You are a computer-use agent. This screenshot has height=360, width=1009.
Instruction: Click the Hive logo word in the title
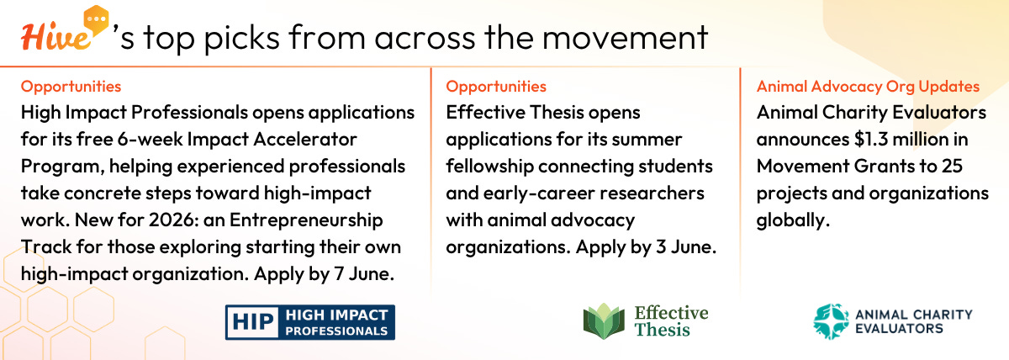point(55,37)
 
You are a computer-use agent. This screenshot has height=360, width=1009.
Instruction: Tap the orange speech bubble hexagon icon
point(96,20)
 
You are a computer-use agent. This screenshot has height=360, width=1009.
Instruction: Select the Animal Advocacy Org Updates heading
point(868,86)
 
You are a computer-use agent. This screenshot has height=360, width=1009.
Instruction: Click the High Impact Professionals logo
point(310,322)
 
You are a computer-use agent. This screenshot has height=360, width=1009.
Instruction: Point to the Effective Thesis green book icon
point(604,320)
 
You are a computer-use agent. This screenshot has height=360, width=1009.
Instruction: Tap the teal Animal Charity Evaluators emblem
point(831,321)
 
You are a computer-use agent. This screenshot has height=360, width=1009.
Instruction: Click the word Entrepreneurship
point(306,220)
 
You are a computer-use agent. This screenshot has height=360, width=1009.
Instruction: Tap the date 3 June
point(686,247)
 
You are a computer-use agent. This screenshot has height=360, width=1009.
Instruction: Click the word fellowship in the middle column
point(489,167)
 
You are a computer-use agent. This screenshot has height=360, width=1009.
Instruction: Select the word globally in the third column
point(793,220)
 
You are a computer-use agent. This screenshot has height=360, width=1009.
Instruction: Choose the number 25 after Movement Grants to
point(952,167)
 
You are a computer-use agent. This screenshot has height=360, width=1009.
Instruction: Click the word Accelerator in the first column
point(305,140)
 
